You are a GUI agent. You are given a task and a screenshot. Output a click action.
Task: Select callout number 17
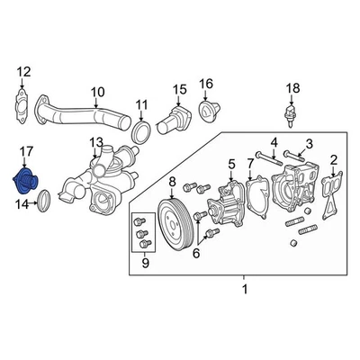click(26, 154)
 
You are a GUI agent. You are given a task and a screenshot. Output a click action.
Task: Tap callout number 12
click(24, 72)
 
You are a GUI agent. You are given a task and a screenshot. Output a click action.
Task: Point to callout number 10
click(98, 91)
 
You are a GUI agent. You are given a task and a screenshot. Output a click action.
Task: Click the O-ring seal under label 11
click(141, 135)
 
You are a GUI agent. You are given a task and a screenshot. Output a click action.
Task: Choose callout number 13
click(95, 143)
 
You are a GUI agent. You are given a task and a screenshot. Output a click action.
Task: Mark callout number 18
click(292, 88)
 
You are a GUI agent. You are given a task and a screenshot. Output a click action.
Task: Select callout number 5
click(231, 163)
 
